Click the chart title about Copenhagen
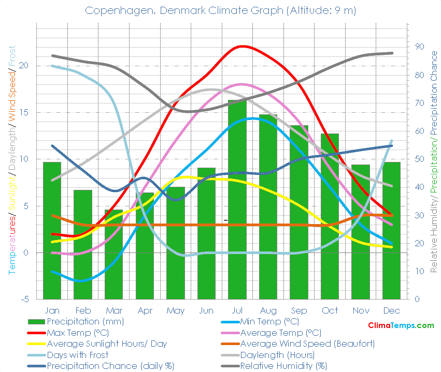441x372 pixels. pyautogui.click(x=220, y=10)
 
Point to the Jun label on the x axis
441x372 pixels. pyautogui.click(x=206, y=310)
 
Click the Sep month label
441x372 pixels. pyautogui.click(x=299, y=310)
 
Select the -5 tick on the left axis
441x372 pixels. pyautogui.click(x=24, y=299)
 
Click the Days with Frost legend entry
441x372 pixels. pyautogui.click(x=78, y=355)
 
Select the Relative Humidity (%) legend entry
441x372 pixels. pyautogui.click(x=283, y=366)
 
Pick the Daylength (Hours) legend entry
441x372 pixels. pyautogui.click(x=277, y=355)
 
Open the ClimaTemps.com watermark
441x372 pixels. pyautogui.click(x=401, y=325)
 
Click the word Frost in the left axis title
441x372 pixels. pyautogui.click(x=11, y=56)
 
